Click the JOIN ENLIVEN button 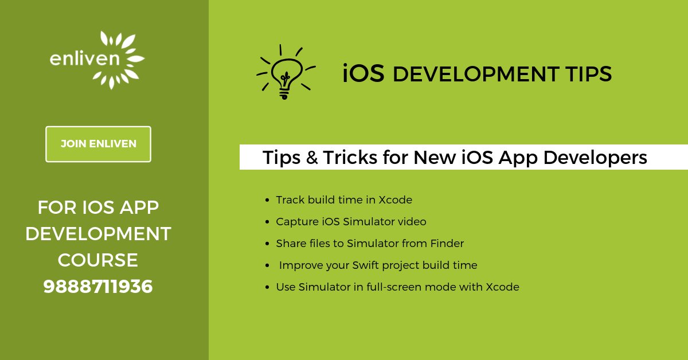98,144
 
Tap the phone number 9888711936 98,286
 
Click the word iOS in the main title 363,74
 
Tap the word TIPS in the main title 588,74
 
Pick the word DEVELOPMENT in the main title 475,74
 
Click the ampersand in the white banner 312,158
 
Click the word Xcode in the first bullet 395,200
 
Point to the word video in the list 412,222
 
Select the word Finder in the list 447,244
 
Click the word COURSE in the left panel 98,260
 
